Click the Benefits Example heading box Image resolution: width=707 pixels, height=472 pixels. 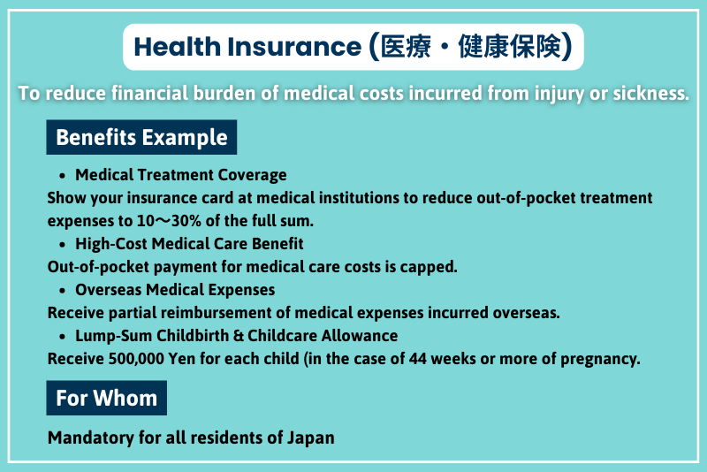(x=141, y=138)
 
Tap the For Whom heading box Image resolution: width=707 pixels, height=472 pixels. (x=106, y=398)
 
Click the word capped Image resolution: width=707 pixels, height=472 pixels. (x=434, y=267)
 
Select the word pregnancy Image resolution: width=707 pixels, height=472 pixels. (x=598, y=359)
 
